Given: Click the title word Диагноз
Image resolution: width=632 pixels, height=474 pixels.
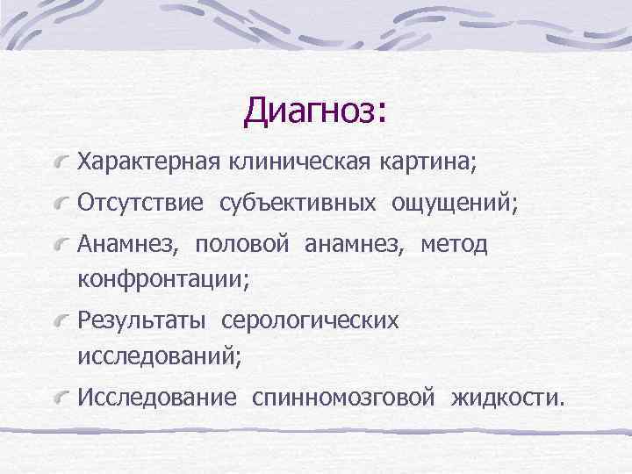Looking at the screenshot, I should (312, 111).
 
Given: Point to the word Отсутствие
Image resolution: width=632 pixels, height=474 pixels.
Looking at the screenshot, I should (141, 204).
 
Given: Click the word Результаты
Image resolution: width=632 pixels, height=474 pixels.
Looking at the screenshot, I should (141, 320).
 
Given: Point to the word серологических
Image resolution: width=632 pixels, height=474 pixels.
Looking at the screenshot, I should (310, 321).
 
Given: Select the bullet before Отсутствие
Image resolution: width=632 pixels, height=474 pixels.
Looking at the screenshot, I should (61, 205).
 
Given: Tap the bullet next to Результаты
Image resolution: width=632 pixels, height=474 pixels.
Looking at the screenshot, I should (61, 322).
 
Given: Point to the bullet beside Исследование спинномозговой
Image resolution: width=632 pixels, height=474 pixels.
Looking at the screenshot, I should (61, 399).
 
